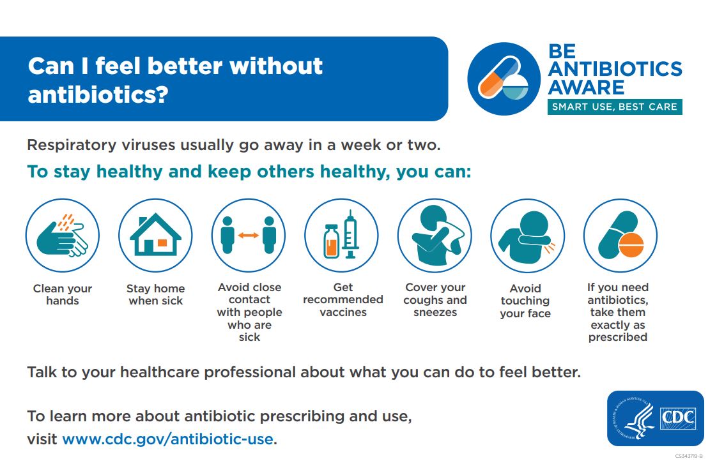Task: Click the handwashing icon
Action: coord(62,236)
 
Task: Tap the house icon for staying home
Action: coord(155,236)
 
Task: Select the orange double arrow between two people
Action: coord(248,236)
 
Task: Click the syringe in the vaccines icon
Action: coord(350,235)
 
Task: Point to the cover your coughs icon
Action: coord(435,236)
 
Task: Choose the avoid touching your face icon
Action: coord(527,236)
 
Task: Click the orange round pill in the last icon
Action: coord(631,244)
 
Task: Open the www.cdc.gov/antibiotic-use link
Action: coord(167,439)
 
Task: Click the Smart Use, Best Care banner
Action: coord(614,107)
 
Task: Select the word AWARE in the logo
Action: coord(586,86)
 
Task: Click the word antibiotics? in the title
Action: coord(98,94)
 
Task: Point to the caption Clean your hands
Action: coord(63,294)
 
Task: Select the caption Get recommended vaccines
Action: coord(343,299)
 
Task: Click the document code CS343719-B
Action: coord(688,456)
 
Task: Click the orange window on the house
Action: coord(162,243)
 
